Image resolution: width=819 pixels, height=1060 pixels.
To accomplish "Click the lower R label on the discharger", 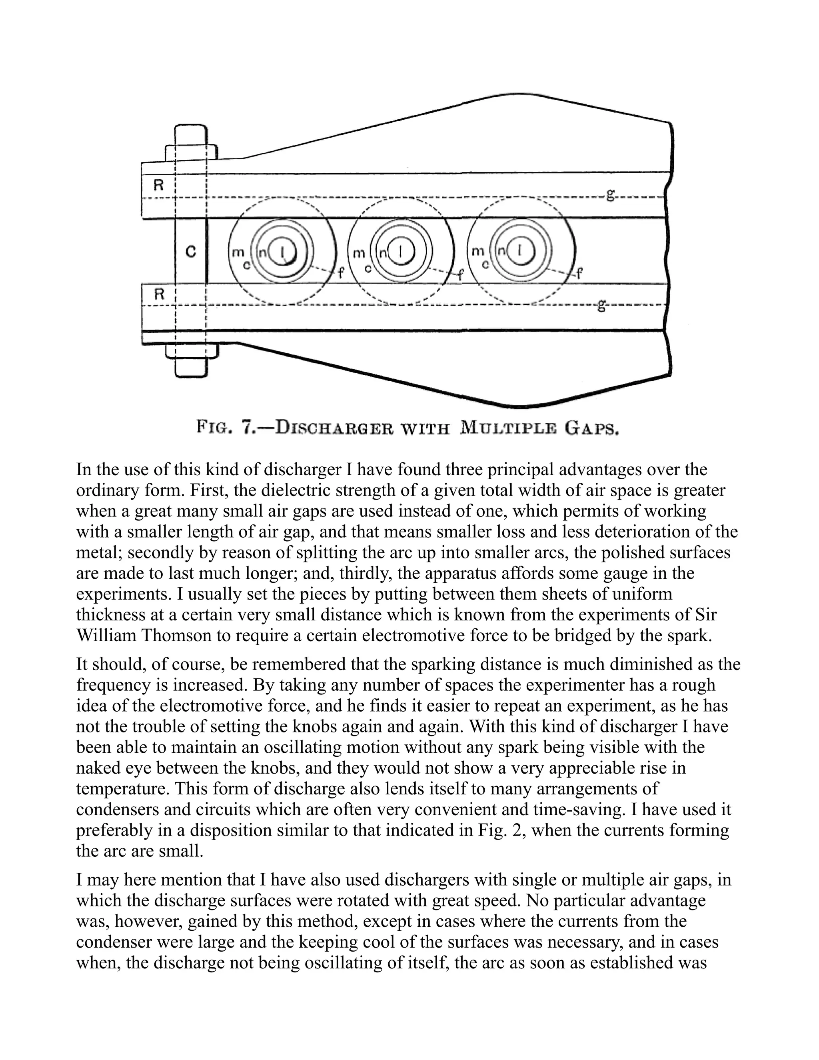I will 159,294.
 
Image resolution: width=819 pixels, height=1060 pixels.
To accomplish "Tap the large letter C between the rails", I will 191,252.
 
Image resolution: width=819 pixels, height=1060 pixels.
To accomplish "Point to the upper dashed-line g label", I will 610,195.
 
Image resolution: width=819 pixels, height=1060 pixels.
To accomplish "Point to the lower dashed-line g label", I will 601,305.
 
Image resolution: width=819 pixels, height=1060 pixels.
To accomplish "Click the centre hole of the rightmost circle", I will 520,251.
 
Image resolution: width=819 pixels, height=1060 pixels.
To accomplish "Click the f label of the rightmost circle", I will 578,274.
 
